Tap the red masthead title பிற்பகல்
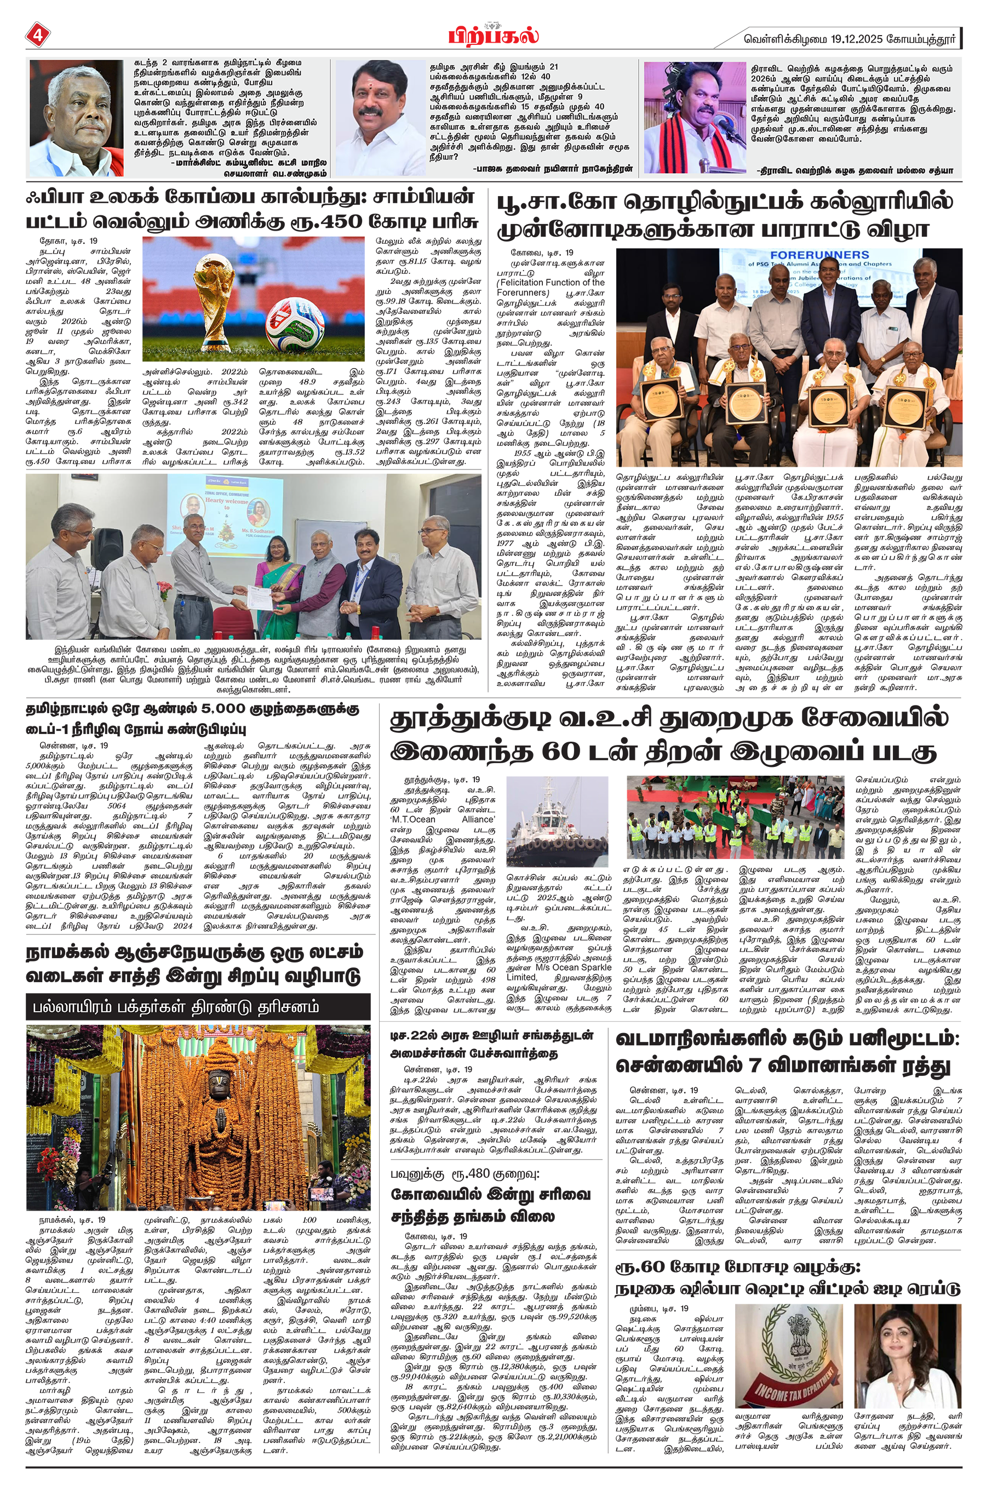[493, 35]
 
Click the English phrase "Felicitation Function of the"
[551, 282]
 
